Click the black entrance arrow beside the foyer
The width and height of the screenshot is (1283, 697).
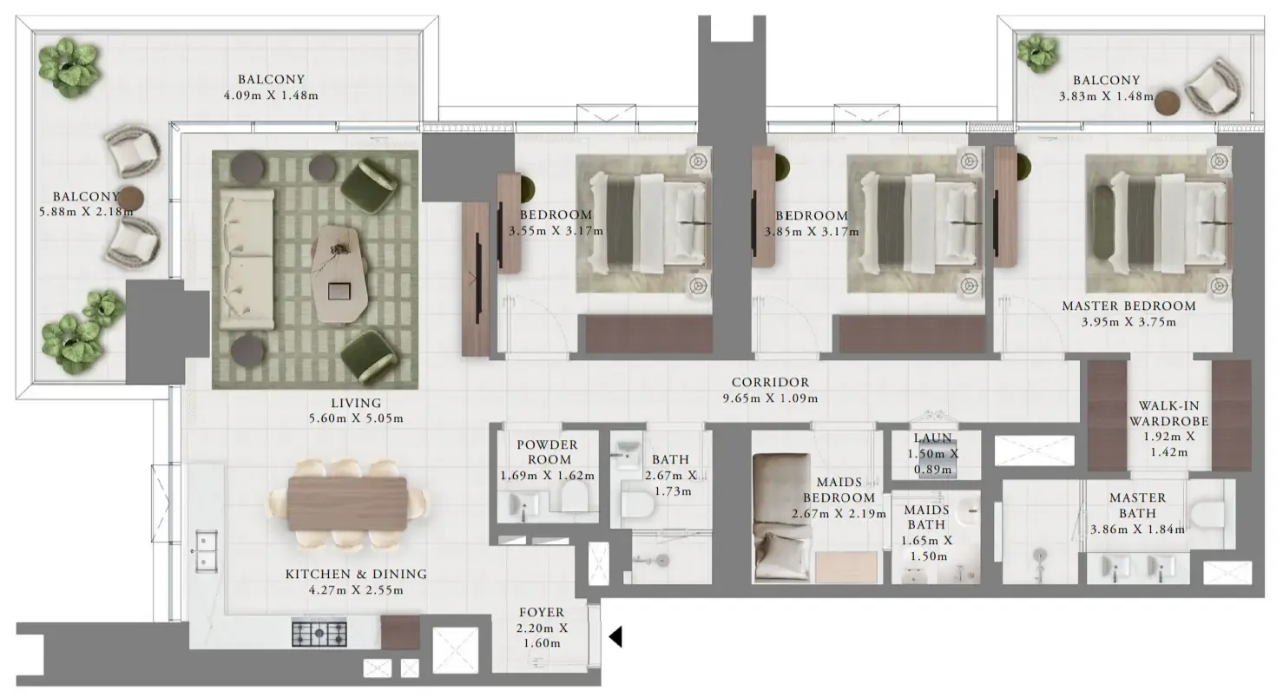[615, 636]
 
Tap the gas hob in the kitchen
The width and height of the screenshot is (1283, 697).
[319, 634]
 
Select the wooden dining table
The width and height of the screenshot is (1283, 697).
[347, 503]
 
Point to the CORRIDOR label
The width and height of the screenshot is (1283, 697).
[770, 382]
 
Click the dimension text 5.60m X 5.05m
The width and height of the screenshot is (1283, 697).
[356, 418]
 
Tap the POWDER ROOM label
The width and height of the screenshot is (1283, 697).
[548, 452]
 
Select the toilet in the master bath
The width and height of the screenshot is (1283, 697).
[1207, 515]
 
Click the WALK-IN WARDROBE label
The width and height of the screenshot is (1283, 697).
[1168, 413]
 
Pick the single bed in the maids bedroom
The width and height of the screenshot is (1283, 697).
[782, 517]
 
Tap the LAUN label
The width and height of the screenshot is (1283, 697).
[933, 438]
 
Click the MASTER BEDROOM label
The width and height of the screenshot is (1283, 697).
[1129, 306]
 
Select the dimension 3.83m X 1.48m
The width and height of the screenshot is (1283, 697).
[1106, 96]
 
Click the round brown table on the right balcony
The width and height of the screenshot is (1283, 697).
[1167, 103]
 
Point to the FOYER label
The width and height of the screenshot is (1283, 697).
[542, 612]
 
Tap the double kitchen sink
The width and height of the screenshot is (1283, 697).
[206, 551]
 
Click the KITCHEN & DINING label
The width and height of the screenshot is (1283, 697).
[356, 574]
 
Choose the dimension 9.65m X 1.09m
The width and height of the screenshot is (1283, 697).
[770, 398]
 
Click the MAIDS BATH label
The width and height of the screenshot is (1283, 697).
[926, 517]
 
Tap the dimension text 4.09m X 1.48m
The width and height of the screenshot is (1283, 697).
[271, 95]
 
